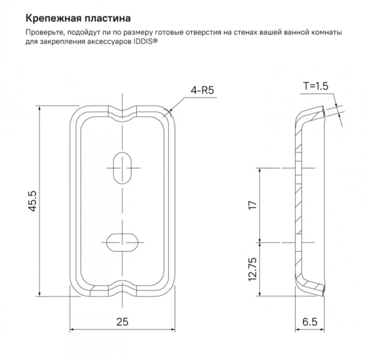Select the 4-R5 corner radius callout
coord(202,91)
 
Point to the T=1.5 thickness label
coord(315,86)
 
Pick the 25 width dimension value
coord(122,322)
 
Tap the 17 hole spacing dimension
coord(253,205)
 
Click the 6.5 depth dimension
coord(310,322)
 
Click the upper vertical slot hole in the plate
coord(122,166)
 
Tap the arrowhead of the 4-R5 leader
coord(169,112)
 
